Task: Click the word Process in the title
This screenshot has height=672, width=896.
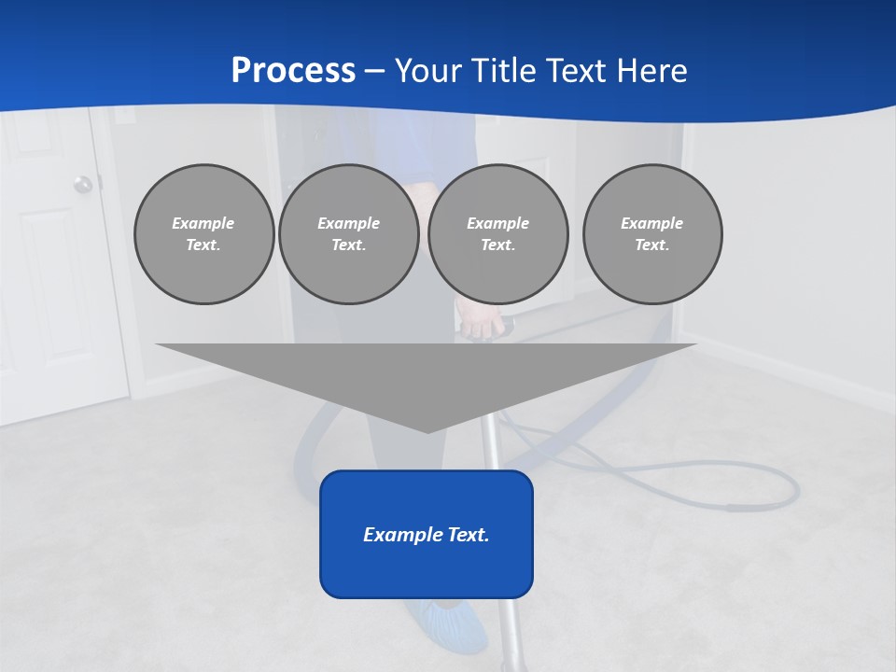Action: [x=293, y=71]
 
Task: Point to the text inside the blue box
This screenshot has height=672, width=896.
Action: [x=427, y=535]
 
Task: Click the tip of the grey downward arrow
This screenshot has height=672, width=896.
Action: [x=427, y=430]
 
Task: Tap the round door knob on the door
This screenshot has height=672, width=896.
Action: [x=83, y=184]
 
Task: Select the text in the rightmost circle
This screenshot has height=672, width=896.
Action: [x=652, y=234]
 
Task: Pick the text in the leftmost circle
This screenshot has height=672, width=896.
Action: [x=203, y=234]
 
